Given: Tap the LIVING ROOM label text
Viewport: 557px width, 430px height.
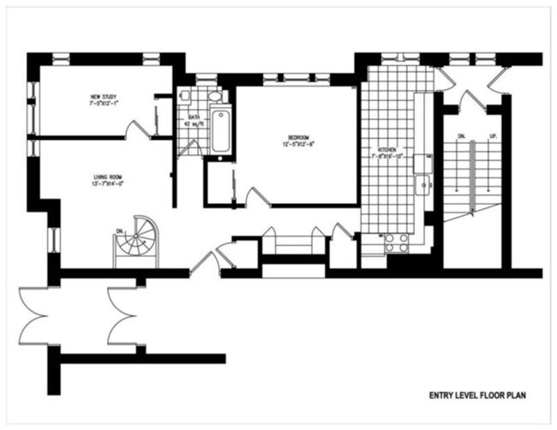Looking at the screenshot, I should (109, 177).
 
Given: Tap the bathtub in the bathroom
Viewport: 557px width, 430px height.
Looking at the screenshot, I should (220, 131).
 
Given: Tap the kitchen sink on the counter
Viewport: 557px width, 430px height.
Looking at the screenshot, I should (422, 184).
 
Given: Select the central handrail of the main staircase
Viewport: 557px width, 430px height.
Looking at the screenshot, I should (472, 171).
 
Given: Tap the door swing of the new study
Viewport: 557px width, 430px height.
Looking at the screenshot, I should (136, 129).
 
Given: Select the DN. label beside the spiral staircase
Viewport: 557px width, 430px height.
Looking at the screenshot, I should (119, 230).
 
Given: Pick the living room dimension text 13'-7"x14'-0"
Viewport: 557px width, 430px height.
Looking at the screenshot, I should (109, 184).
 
